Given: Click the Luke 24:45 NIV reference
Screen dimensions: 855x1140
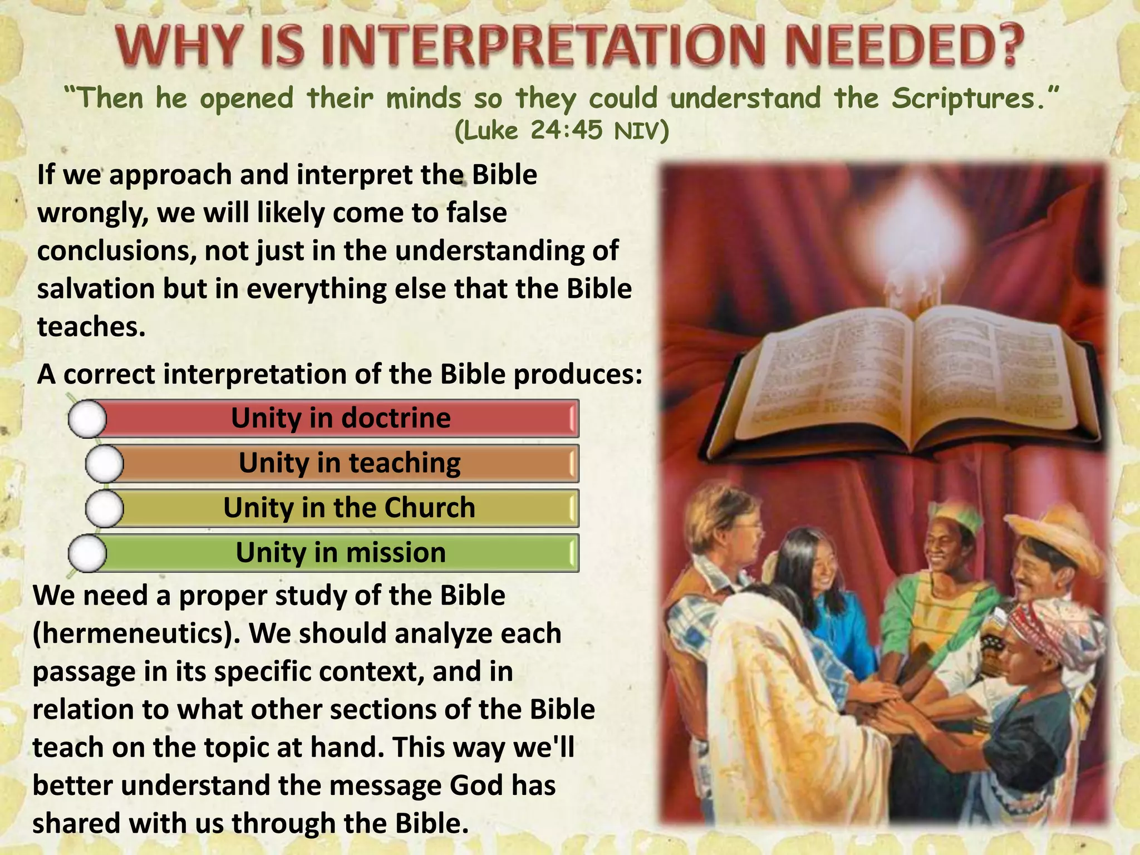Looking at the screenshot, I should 562,130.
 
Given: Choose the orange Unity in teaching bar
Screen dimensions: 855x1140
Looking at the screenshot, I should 350,463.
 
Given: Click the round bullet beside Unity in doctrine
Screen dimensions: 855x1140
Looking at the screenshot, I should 87,419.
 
